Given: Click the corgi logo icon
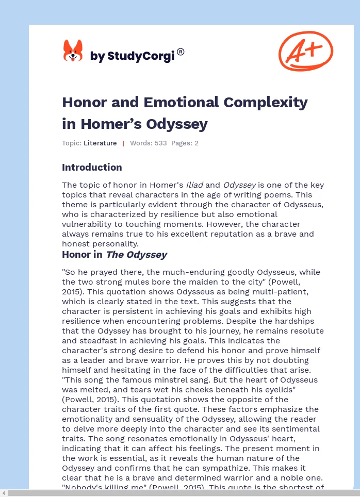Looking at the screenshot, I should [73, 51].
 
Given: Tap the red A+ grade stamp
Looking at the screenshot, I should [305, 51].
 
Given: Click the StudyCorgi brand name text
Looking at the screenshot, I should [132, 56].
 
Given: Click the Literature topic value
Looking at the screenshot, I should [100, 143].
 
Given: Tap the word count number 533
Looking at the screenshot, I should [160, 143].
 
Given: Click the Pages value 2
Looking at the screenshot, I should [197, 143].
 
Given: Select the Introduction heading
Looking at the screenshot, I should [92, 167].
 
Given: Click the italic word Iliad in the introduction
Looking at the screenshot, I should [194, 185].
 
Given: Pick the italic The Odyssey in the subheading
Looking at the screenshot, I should [136, 255].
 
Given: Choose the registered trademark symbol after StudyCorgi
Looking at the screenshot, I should [181, 52].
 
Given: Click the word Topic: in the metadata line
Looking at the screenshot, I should [72, 143].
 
